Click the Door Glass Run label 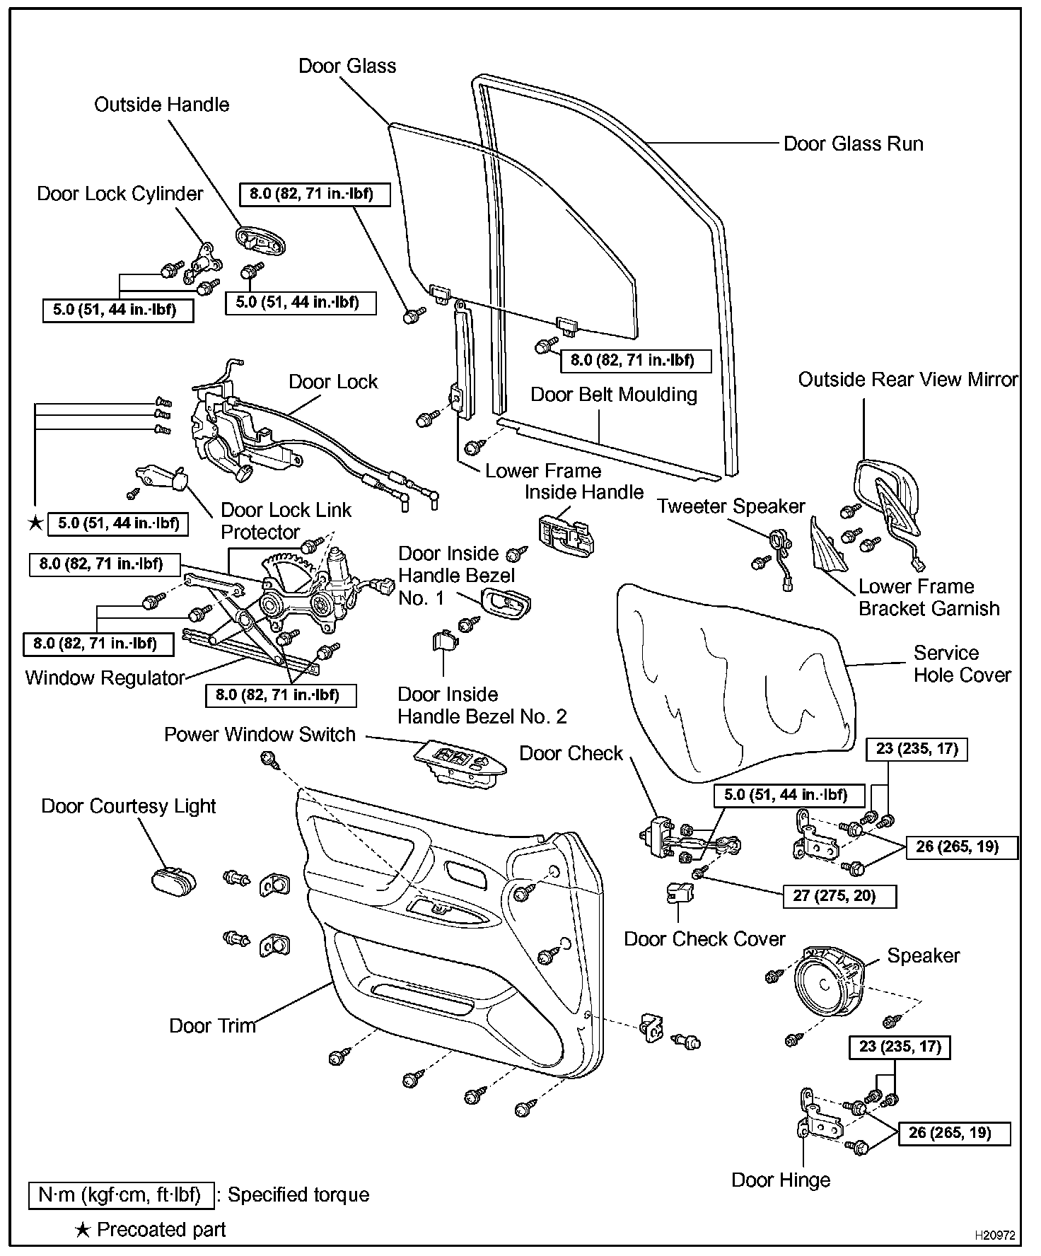[x=853, y=144]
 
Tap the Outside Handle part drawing [x=261, y=239]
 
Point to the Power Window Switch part [x=460, y=762]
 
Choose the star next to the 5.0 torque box [x=34, y=523]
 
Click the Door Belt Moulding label [x=613, y=395]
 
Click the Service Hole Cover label [x=962, y=664]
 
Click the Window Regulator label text [x=105, y=678]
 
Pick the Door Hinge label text [x=781, y=1180]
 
